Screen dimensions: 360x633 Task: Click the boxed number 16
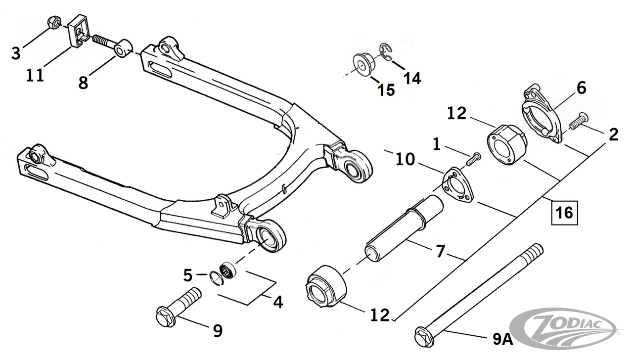pos(564,213)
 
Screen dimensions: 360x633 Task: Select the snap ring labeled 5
pos(217,277)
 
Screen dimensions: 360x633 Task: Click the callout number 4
pos(278,301)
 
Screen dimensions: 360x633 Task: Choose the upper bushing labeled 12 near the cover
pos(506,143)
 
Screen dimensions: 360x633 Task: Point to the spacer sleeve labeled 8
pos(122,49)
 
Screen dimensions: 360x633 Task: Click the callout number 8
pos(83,82)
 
